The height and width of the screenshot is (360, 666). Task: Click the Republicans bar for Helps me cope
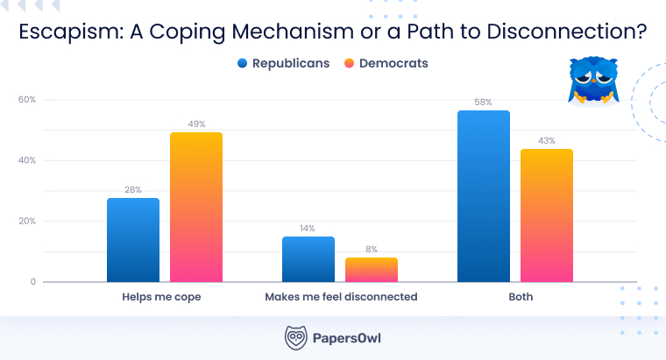click(133, 240)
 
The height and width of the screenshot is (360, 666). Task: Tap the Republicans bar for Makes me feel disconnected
click(308, 259)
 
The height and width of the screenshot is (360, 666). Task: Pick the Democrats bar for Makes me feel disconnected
click(372, 270)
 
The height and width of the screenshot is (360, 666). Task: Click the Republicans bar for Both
click(484, 196)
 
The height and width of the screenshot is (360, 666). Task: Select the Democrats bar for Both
click(547, 215)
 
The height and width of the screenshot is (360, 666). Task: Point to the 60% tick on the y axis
click(27, 100)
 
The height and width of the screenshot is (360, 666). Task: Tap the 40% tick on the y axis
click(27, 160)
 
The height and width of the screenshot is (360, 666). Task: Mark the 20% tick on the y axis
click(27, 221)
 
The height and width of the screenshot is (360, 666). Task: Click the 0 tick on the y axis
click(32, 282)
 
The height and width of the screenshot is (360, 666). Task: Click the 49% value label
click(196, 124)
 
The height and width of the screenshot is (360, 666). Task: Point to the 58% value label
click(484, 102)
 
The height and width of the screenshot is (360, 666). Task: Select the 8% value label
click(372, 250)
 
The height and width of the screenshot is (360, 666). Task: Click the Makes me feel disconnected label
click(341, 298)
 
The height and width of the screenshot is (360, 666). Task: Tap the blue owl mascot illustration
click(589, 81)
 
